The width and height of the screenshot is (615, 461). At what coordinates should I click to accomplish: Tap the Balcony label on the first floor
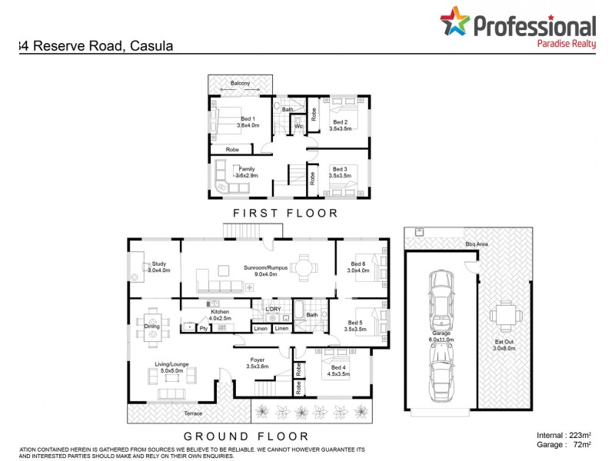(240, 83)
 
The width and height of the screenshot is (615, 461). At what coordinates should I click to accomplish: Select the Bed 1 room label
(248, 119)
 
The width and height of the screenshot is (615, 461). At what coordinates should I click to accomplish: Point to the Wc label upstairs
(298, 126)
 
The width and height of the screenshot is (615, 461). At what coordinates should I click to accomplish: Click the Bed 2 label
(341, 122)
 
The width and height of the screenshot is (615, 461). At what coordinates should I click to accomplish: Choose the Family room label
(247, 168)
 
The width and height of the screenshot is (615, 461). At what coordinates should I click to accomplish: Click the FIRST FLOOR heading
(287, 213)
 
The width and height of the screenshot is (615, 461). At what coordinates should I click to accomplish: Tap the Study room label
(159, 264)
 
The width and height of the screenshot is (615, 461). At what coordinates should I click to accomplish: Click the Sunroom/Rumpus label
(265, 267)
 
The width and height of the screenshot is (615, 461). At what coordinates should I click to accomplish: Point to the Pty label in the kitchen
(203, 329)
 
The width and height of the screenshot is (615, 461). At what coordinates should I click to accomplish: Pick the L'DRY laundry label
(273, 309)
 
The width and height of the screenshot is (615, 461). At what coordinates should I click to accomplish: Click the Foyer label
(258, 360)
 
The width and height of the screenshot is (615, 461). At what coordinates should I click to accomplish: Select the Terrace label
(193, 413)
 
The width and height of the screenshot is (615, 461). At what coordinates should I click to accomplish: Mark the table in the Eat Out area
(504, 314)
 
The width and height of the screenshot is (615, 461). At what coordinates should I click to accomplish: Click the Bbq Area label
(477, 244)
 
